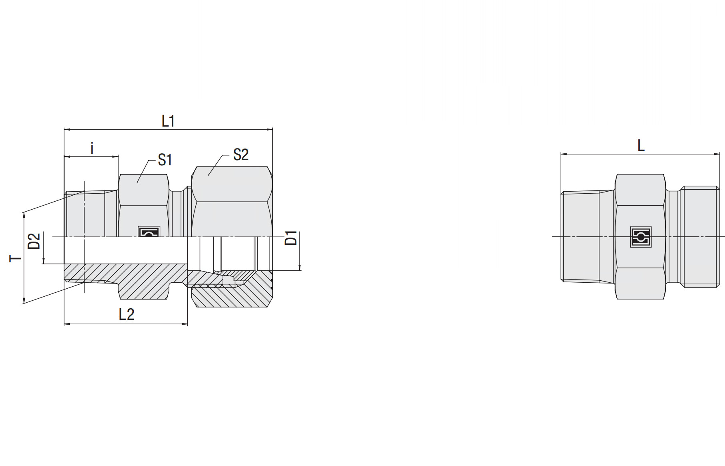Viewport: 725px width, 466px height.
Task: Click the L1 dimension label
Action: tap(168, 121)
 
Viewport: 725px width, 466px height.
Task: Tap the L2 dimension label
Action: tap(127, 315)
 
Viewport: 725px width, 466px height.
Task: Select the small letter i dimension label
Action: tap(92, 148)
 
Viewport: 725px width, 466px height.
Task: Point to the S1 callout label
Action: tap(165, 160)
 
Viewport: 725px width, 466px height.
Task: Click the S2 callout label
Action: tap(241, 155)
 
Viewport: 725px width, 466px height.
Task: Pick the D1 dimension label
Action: tap(291, 238)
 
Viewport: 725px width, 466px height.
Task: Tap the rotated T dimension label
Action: tap(15, 258)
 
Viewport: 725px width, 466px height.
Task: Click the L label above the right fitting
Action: tap(641, 145)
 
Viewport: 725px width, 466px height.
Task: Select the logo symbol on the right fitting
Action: tap(641, 237)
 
